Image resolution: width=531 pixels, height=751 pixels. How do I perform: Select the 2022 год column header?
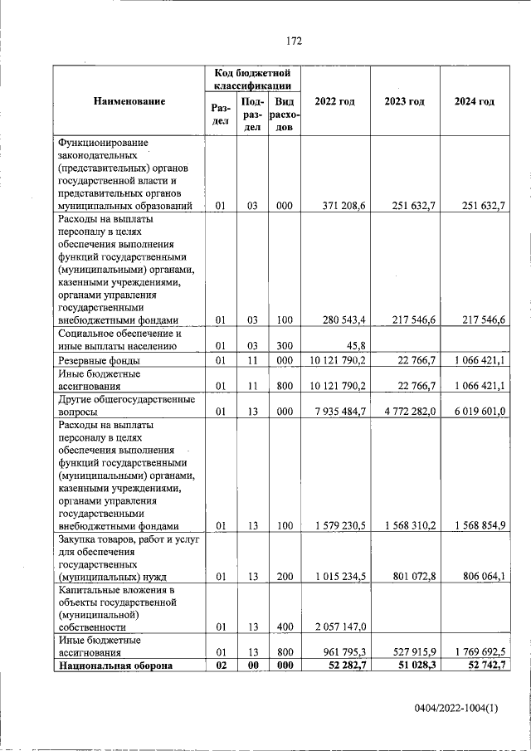335,101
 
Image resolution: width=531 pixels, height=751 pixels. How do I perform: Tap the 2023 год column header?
405,101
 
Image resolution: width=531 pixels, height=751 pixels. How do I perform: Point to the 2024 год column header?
475,101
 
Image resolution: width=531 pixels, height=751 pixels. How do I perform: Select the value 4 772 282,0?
407,411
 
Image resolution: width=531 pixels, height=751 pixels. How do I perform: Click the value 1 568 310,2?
407,525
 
